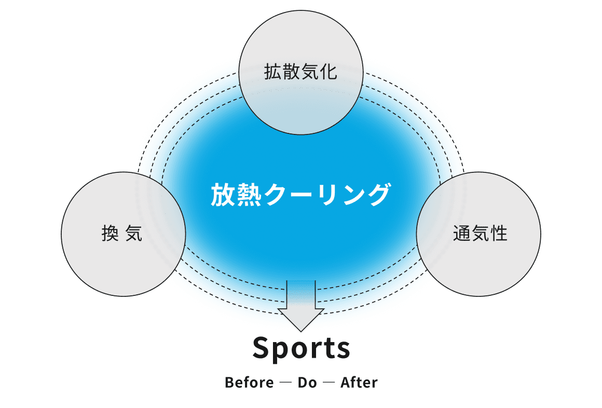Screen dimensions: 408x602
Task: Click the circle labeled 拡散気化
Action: tap(300, 73)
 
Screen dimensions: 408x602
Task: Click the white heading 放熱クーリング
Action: tap(300, 196)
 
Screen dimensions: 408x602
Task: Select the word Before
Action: tap(249, 383)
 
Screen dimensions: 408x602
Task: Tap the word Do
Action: tap(307, 383)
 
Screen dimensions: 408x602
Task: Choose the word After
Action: tap(359, 383)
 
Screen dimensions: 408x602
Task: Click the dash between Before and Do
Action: tap(285, 383)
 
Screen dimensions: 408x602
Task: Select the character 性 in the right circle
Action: tap(499, 234)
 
